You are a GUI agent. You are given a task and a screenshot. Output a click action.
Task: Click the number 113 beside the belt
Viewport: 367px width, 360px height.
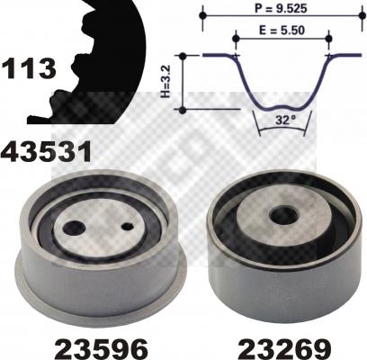tap(29, 67)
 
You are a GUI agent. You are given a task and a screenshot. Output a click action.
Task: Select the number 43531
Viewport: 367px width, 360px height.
tap(47, 149)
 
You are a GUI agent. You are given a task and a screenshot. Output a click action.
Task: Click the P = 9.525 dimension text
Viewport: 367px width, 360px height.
tap(281, 6)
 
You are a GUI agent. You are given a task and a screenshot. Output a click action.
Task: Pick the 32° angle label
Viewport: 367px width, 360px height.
tap(283, 117)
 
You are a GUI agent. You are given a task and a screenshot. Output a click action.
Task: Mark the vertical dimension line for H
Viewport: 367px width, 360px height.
tap(183, 83)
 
